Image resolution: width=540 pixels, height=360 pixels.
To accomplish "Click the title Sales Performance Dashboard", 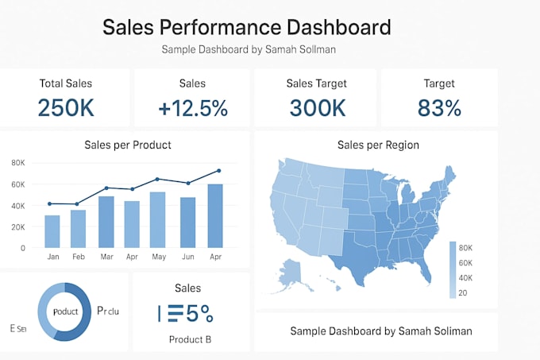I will coord(246,27).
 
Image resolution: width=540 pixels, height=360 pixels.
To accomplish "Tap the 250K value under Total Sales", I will coord(66,107).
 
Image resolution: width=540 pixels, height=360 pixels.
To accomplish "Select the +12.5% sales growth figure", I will coord(193,107).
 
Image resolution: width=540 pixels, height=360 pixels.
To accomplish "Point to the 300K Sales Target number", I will coord(317,107).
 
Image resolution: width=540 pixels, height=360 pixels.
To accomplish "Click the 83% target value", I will coord(442,107).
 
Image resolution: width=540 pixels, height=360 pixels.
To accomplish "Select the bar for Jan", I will coord(52,231).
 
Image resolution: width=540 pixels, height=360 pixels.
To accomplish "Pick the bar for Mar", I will coord(106,222).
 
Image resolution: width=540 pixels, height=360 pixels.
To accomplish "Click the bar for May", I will coord(158,219).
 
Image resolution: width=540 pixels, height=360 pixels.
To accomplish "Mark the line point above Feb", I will coord(77,204).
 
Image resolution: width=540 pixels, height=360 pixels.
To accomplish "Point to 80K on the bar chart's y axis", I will coord(17,162).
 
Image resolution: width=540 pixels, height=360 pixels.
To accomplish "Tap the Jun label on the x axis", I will coord(187,257).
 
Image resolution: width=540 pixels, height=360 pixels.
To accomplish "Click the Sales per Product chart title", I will coord(128,145).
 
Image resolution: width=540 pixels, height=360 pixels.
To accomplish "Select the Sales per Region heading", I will coord(378,145).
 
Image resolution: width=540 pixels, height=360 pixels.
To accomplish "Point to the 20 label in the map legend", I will coord(462,293).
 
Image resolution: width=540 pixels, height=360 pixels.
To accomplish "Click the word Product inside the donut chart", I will coord(65,311).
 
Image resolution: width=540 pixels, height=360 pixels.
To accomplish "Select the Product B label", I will coord(190,339).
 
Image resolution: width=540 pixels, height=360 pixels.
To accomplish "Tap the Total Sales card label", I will coord(66,83).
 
